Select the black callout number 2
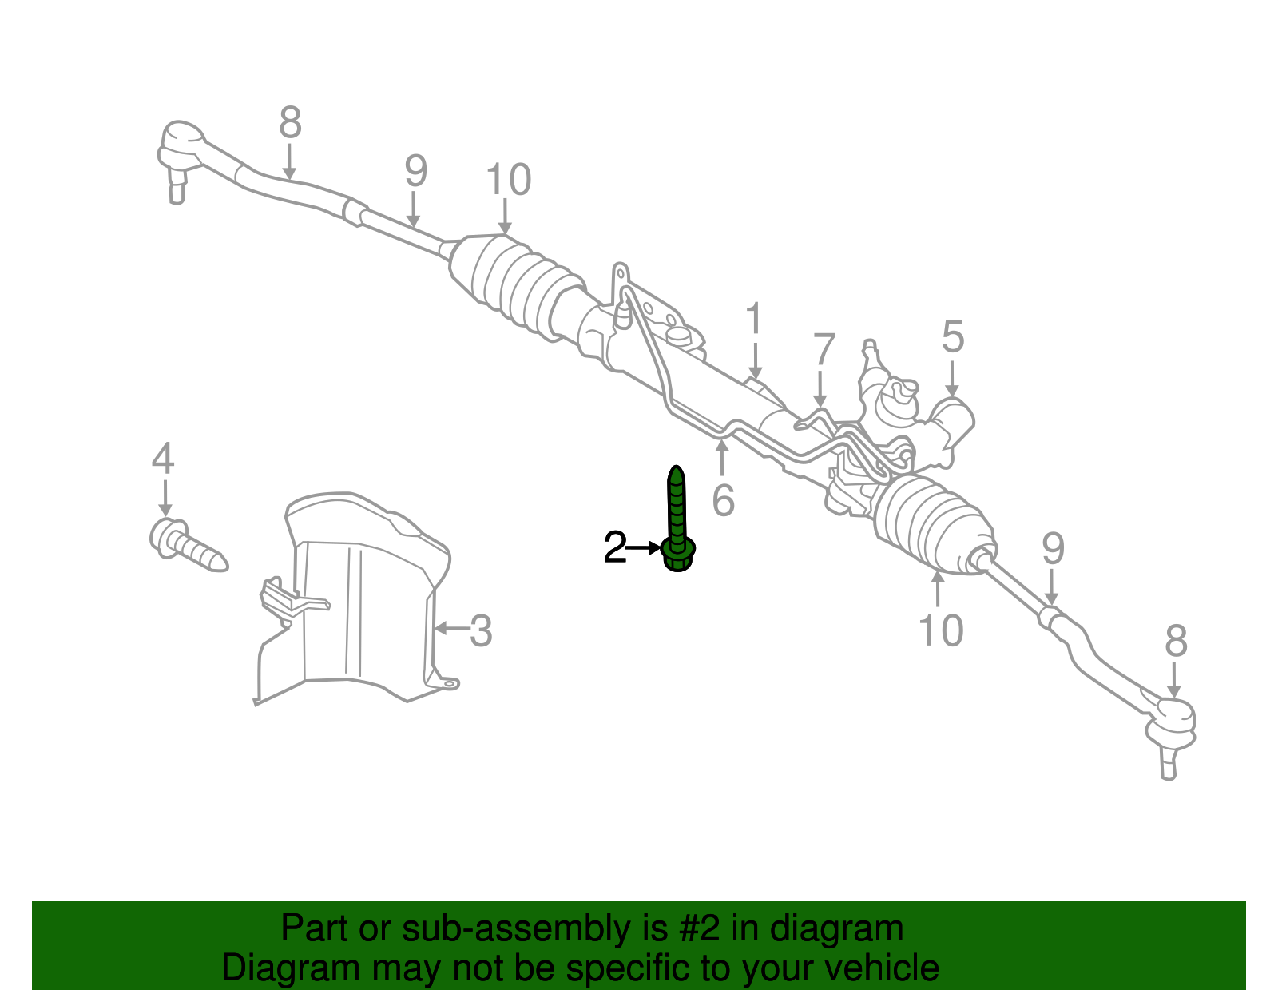[615, 548]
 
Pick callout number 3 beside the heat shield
[480, 630]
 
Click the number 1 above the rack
[754, 320]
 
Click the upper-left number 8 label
[290, 123]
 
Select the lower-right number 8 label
[1176, 641]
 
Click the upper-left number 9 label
[415, 171]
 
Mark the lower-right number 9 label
[1053, 548]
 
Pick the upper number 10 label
[507, 180]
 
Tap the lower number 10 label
[941, 630]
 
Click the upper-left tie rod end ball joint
[181, 148]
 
